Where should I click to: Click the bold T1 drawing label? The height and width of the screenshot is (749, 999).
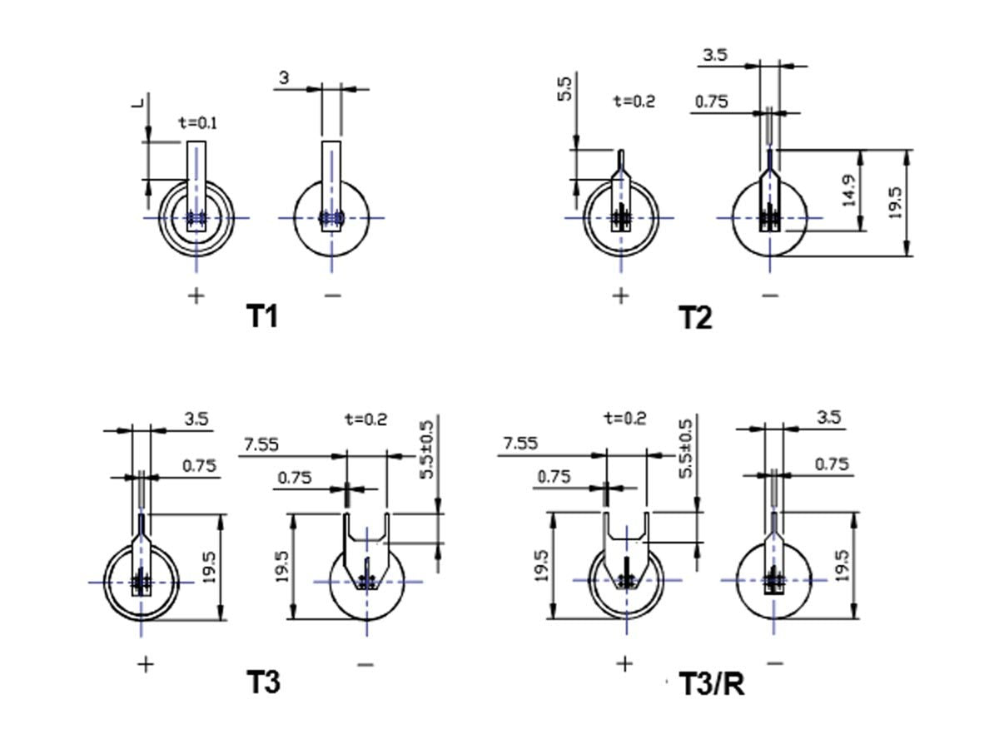262,316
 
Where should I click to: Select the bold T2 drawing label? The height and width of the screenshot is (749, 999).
695,317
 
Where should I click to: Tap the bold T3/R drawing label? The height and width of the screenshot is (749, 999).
712,683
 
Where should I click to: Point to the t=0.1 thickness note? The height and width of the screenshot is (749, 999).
198,123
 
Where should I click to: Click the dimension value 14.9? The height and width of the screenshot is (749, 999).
849,191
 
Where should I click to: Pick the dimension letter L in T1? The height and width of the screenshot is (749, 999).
137,102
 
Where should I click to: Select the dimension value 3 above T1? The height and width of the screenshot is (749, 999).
284,77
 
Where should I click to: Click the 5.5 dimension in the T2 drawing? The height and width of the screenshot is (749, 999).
564,89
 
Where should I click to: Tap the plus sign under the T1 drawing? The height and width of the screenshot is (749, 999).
196,296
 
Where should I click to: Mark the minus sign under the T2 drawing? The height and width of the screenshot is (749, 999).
771,296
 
